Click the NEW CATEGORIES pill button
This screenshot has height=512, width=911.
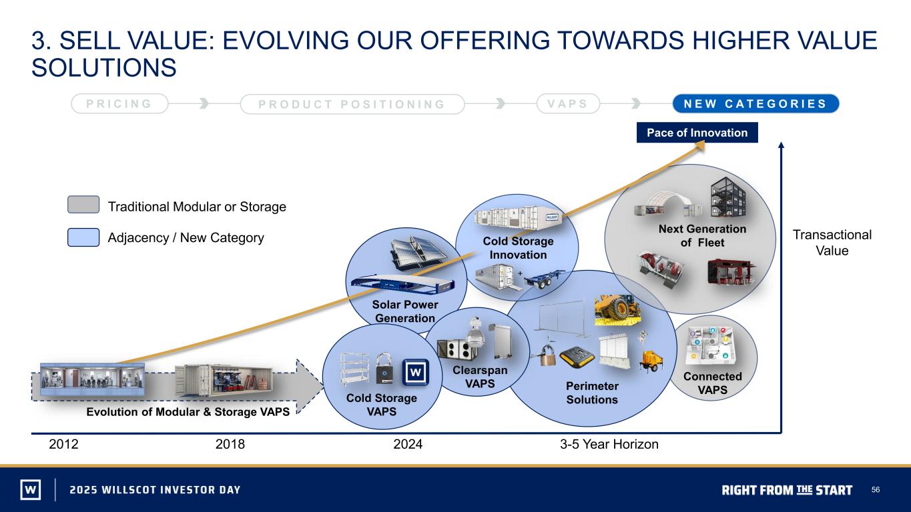(x=755, y=103)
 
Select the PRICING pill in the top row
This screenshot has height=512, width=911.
(x=119, y=103)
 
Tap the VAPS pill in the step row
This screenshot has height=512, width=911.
(x=568, y=103)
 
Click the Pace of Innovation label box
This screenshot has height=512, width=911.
(x=697, y=133)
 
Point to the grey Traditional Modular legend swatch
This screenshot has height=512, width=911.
(x=83, y=205)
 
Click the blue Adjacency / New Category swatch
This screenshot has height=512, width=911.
(x=83, y=237)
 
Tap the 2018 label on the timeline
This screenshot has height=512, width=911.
(x=230, y=444)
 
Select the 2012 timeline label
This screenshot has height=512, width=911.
(x=63, y=444)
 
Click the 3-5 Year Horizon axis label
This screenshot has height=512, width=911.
(x=609, y=444)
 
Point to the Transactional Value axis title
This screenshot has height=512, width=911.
(x=832, y=243)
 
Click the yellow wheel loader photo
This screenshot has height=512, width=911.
(x=617, y=310)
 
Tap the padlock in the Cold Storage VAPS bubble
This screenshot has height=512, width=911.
(x=384, y=368)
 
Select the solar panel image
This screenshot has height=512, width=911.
(x=418, y=253)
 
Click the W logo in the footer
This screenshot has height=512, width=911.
(x=31, y=489)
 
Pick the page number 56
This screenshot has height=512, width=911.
(x=875, y=490)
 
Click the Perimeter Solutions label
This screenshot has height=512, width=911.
(x=592, y=393)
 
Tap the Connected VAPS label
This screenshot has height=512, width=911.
(x=713, y=383)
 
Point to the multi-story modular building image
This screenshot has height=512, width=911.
(x=728, y=197)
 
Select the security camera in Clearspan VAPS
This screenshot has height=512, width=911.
(x=475, y=333)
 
